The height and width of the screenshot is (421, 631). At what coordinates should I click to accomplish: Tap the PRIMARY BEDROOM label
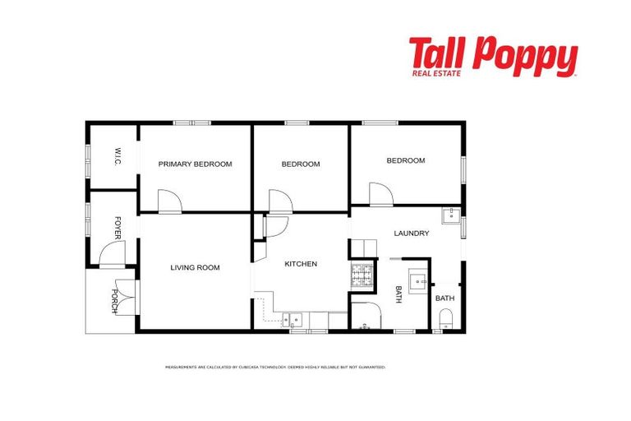[195, 164]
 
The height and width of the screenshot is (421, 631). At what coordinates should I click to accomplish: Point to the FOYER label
[118, 227]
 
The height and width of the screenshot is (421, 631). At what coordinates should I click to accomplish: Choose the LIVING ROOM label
[195, 267]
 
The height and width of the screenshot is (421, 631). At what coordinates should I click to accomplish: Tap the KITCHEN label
[301, 264]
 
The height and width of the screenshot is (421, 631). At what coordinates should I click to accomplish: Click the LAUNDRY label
[411, 234]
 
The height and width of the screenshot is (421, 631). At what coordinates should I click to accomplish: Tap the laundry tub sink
[450, 216]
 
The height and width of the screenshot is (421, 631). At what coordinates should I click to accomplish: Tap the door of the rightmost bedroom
[380, 195]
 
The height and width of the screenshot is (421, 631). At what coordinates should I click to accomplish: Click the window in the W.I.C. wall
[88, 156]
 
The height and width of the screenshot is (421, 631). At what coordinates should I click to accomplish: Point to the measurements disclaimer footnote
[275, 367]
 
